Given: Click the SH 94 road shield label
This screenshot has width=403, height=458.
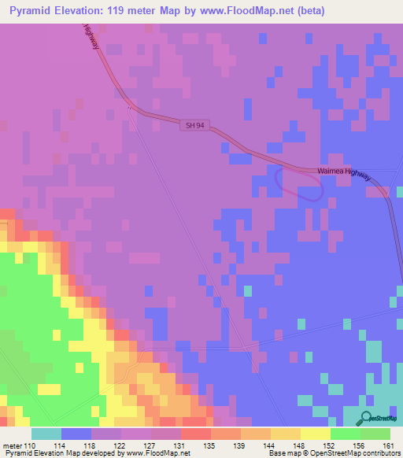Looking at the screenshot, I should (196, 124).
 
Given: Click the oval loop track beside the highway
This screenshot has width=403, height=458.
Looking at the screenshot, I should (298, 184).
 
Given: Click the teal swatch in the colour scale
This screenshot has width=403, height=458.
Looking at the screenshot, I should (46, 434).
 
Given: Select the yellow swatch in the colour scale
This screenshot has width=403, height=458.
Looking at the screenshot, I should (316, 434).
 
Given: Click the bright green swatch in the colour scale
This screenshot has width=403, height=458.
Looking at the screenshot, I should (346, 434).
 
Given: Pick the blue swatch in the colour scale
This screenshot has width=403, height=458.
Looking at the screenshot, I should (76, 434).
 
